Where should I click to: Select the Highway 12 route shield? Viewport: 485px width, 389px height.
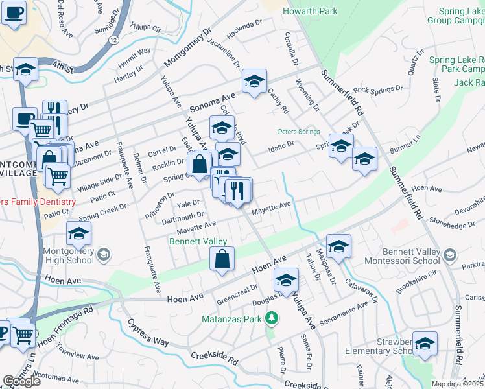[x=113, y=40]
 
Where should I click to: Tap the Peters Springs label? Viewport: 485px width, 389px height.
[x=299, y=132]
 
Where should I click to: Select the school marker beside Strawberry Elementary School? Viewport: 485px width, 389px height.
[x=425, y=344]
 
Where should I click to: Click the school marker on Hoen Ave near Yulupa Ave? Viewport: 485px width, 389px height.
[x=285, y=281]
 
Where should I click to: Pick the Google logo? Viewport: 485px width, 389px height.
[x=21, y=381]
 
